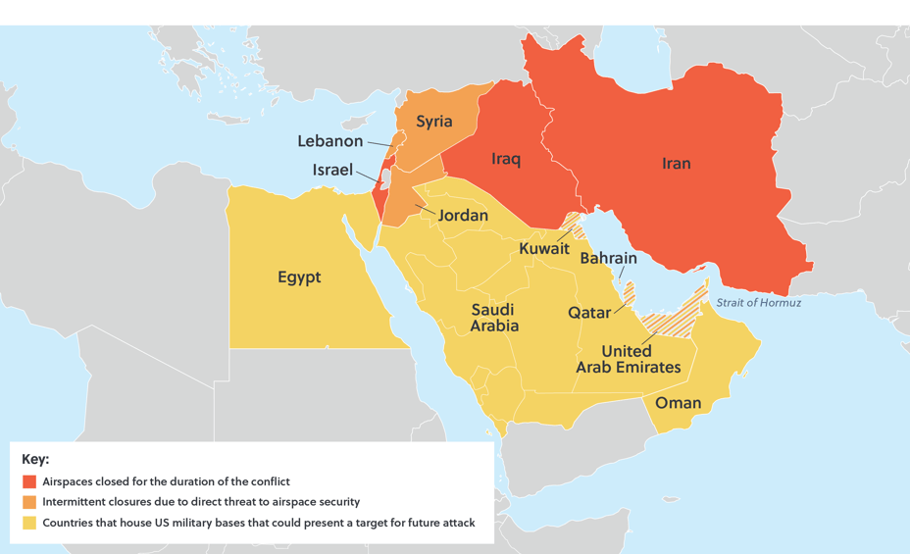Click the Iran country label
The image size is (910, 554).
click(676, 164)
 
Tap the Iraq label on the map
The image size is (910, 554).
click(505, 159)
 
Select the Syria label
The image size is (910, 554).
click(433, 122)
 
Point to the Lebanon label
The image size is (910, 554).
click(330, 141)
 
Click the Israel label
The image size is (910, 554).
click(332, 170)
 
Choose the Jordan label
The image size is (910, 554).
click(463, 215)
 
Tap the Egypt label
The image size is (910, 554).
click(299, 277)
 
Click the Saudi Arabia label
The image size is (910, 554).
click(493, 318)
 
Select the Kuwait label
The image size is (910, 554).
click(544, 249)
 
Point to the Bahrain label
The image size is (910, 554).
click(608, 259)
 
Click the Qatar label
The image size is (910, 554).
click(590, 313)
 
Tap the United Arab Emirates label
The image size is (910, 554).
click(627, 359)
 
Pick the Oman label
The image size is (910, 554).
click(678, 403)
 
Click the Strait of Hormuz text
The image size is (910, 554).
click(758, 303)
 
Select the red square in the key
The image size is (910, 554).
click(29, 481)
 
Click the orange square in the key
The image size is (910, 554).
click(29, 502)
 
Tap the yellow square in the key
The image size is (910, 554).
click(29, 523)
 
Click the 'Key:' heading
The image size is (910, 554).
click(35, 459)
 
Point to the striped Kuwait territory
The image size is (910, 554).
click(576, 223)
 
